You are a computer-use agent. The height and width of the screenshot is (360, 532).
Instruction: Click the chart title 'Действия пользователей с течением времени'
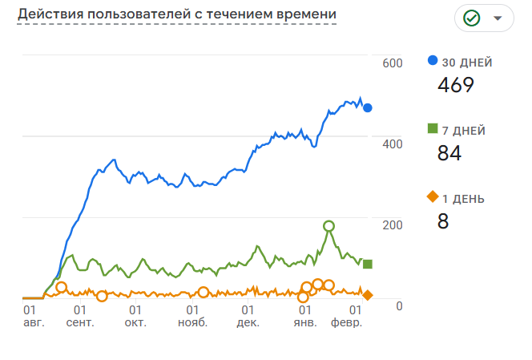[x=176, y=15]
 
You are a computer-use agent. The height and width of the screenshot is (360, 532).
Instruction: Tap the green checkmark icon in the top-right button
[x=471, y=18]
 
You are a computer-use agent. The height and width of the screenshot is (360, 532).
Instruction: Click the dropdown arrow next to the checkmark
[x=498, y=18]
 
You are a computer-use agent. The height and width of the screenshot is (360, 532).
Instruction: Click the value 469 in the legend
[x=456, y=85]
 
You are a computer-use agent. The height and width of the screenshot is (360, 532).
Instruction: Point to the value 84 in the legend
[x=449, y=153]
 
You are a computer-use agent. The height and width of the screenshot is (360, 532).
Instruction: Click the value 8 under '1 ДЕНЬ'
[x=443, y=221]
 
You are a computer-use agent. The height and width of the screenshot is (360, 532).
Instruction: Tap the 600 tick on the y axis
[x=392, y=63]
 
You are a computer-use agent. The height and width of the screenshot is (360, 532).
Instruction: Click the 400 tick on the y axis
[x=392, y=144]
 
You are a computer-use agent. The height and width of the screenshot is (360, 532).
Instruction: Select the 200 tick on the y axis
[x=392, y=224]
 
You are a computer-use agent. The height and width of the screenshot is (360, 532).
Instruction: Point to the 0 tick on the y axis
[x=398, y=305]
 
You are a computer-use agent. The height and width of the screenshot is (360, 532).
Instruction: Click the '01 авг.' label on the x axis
[x=33, y=316]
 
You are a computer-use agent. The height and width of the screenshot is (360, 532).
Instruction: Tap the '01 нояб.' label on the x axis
[x=192, y=316]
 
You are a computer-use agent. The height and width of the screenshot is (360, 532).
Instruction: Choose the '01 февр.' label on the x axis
[x=350, y=316]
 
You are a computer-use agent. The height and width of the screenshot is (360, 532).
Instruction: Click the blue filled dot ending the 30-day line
[x=368, y=107]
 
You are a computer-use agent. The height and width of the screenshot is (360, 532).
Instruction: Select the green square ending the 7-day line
[x=368, y=264]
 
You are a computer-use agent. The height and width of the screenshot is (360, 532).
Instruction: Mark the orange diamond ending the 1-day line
[x=368, y=295]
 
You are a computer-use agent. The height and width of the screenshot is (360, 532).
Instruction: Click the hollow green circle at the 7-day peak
[x=328, y=226]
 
